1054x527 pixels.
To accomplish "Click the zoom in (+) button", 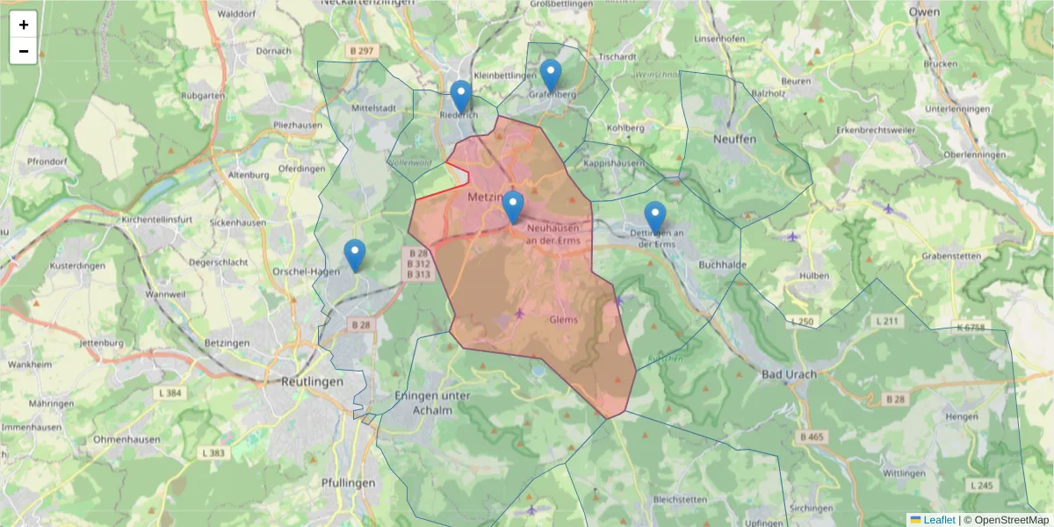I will click(24, 25).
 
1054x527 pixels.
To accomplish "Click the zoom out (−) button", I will click(24, 51).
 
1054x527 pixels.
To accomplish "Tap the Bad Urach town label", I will click(789, 374).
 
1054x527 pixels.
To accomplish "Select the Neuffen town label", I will click(734, 140).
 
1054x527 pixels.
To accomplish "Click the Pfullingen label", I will click(348, 482).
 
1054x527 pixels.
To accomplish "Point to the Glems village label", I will click(563, 320).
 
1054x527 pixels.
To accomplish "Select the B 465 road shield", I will click(812, 437).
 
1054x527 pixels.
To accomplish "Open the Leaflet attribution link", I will click(939, 520).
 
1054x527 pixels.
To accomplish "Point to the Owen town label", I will click(924, 12).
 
